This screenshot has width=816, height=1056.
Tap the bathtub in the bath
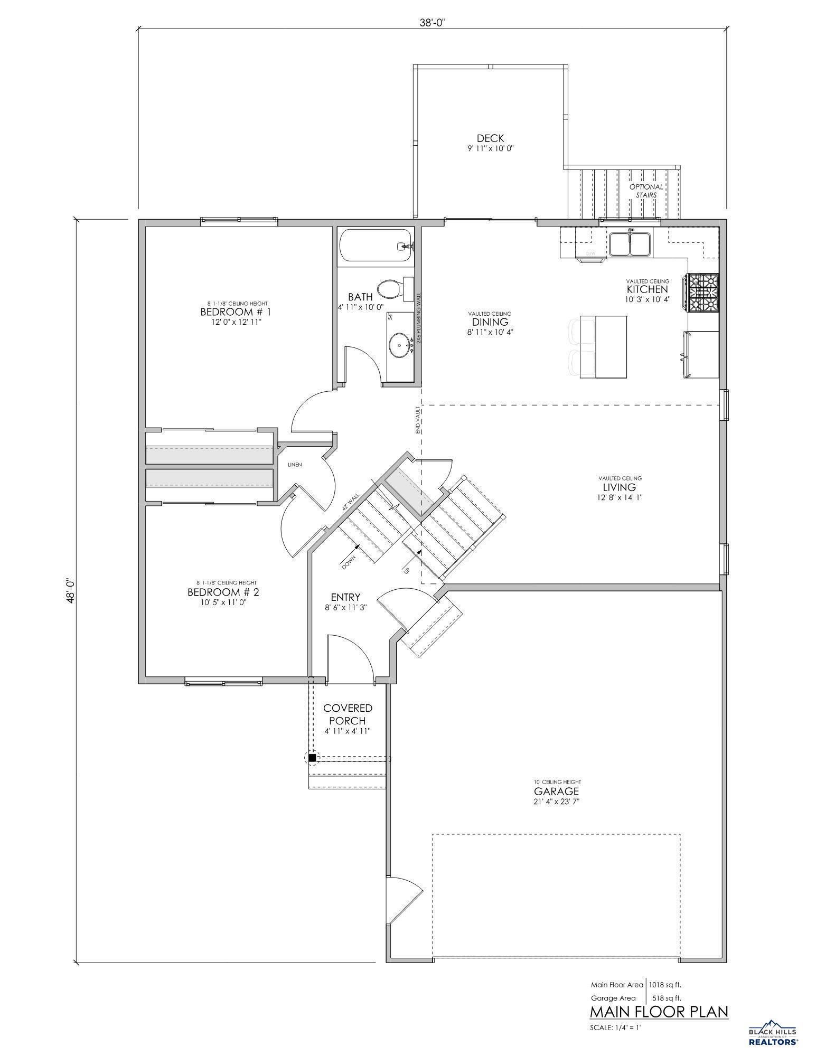(x=376, y=246)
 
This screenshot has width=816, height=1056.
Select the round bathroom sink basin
(x=399, y=346)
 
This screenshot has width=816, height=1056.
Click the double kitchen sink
(x=630, y=244)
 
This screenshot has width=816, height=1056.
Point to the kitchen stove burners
(x=703, y=292)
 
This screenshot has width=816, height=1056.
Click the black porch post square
(x=312, y=758)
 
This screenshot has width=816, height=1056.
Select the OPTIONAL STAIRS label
(x=646, y=191)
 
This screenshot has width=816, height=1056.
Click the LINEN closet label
(x=294, y=465)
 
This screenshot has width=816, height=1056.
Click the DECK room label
(x=490, y=138)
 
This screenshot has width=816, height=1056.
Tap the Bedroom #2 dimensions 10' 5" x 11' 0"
(x=223, y=602)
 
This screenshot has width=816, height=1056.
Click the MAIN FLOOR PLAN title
(x=659, y=1012)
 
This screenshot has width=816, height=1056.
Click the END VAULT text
(x=417, y=420)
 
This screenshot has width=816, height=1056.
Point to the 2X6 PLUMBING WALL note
(x=419, y=318)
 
